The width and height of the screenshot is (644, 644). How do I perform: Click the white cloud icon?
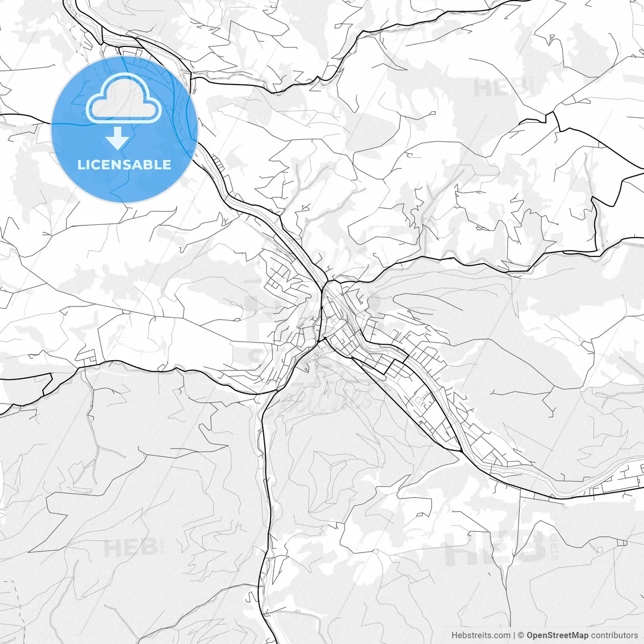click(124, 98)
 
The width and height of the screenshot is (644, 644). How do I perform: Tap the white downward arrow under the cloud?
click(118, 138)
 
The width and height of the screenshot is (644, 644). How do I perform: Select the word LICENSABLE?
click(124, 165)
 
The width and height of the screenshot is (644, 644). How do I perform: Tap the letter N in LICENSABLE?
click(119, 165)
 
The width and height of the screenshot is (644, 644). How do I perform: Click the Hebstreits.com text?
click(480, 635)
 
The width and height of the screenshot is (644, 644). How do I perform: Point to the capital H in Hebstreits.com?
click(454, 635)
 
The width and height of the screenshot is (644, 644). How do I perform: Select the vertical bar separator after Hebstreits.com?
click(514, 635)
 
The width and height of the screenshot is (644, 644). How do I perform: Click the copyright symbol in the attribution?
click(521, 635)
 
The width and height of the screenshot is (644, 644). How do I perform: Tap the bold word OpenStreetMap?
click(557, 635)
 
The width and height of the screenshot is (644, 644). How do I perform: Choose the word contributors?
click(614, 635)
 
